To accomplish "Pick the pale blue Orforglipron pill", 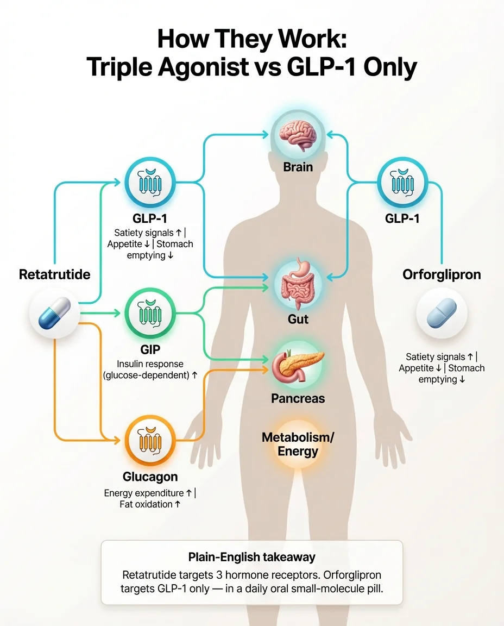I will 442,315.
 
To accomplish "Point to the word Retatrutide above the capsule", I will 54,274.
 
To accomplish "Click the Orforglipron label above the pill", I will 442,274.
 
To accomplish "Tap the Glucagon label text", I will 150,477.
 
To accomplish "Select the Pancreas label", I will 298,398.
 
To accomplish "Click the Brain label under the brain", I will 298,166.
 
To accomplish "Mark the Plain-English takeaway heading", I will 251,557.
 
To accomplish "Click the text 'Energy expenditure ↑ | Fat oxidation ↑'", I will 150,498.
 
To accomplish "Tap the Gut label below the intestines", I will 298,318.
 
